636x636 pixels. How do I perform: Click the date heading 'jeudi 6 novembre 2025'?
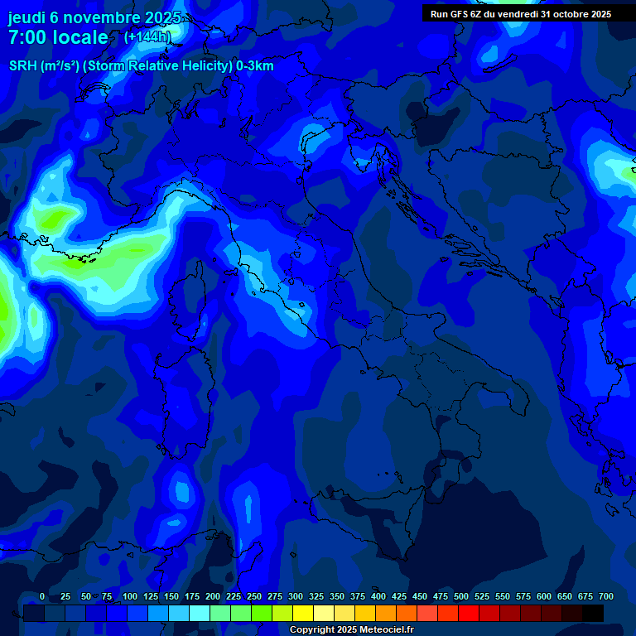[x=94, y=17]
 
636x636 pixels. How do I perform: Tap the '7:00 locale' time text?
[x=58, y=37]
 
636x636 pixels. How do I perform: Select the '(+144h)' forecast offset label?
[x=147, y=37]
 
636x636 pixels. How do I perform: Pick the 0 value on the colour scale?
[x=42, y=596]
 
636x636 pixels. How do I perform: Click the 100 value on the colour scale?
[x=130, y=596]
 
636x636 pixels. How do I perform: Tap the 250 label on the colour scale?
[x=254, y=596]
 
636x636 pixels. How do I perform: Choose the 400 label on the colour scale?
[x=378, y=596]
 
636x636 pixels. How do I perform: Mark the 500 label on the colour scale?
[x=461, y=596]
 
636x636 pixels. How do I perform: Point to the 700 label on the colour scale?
[x=606, y=596]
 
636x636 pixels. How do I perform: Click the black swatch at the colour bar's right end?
[x=593, y=613]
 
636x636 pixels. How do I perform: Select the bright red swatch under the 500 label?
[x=469, y=613]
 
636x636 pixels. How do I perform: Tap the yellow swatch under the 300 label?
[x=303, y=613]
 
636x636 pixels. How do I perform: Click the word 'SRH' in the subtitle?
[x=23, y=66]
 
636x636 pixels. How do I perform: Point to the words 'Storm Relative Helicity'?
[x=157, y=66]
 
